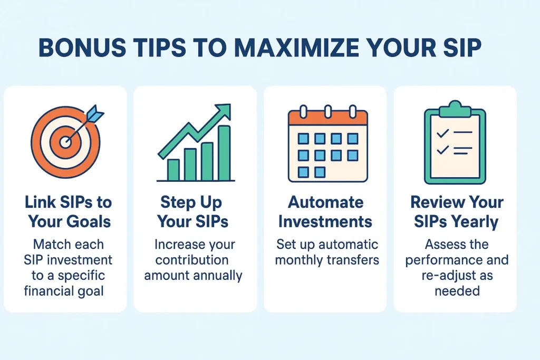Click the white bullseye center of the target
(65, 142)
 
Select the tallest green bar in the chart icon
(224, 153)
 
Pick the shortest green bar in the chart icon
(173, 170)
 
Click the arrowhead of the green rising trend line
(224, 110)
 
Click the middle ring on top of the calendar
(328, 112)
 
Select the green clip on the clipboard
(455, 109)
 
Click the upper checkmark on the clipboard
(442, 133)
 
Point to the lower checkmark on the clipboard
(442, 150)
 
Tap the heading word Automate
(325, 202)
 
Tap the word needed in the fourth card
(457, 291)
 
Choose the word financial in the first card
(46, 291)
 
